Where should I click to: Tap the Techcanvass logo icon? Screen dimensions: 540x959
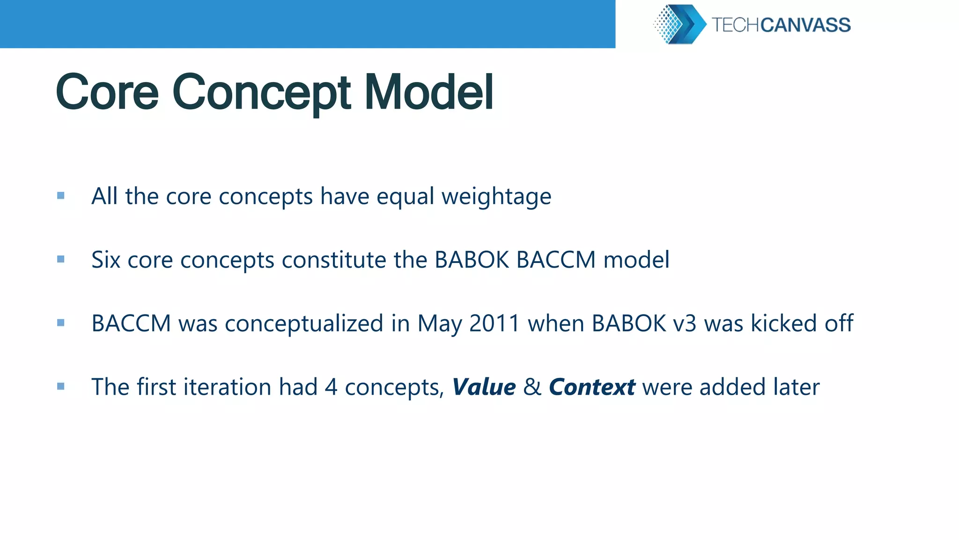tap(679, 24)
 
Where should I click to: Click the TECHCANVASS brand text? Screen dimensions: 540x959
tap(781, 25)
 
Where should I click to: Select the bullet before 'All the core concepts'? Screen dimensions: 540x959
tap(61, 195)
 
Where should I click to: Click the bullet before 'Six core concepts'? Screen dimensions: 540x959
tap(61, 259)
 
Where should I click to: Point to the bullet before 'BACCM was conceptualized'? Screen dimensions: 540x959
tap(61, 322)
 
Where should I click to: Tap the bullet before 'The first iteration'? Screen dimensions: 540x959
tap(61, 386)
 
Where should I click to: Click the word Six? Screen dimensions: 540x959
tap(106, 260)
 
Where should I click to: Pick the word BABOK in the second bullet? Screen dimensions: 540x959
tap(472, 260)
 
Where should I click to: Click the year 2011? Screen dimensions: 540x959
tap(494, 323)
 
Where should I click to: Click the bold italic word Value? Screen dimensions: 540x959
tap(484, 387)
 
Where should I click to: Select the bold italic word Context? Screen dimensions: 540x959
tap(592, 387)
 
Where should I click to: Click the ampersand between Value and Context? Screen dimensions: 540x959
tap(532, 387)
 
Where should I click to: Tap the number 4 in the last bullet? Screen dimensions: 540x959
tap(331, 387)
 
